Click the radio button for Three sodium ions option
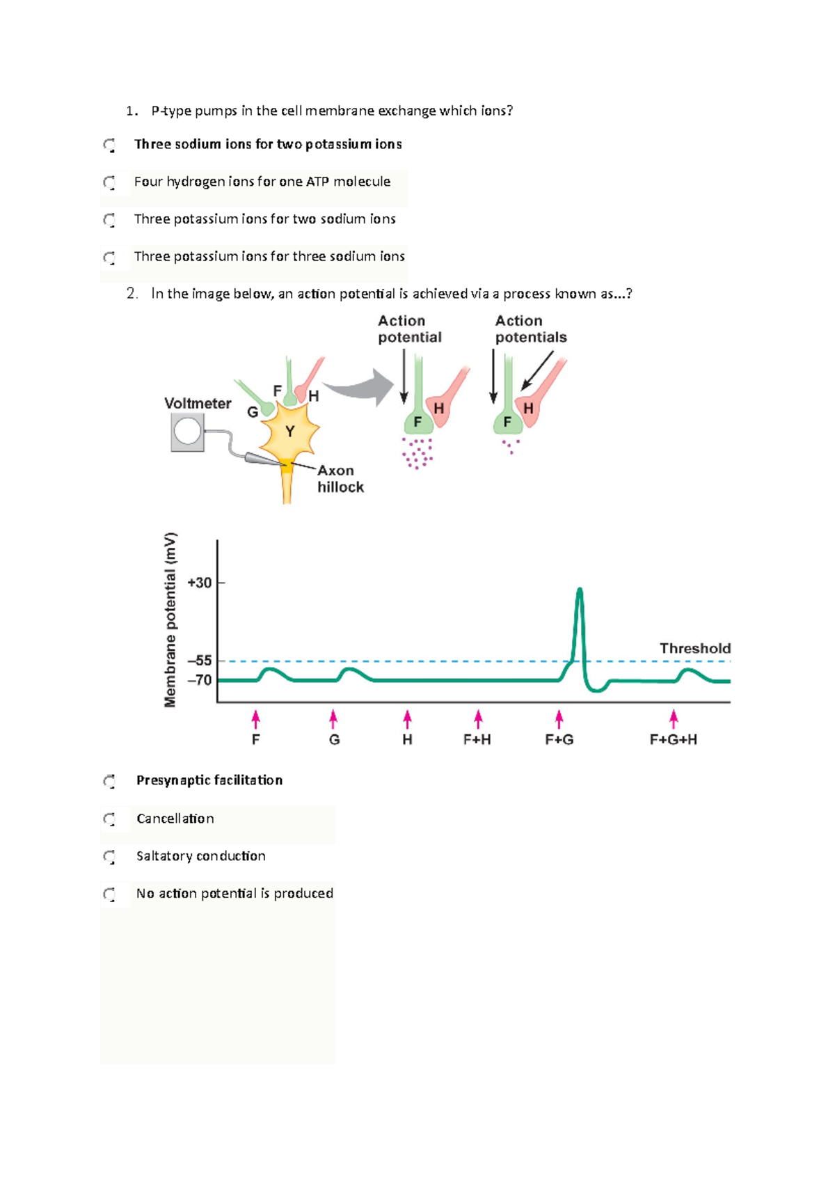(109, 145)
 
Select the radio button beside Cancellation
(109, 819)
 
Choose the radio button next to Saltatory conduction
(109, 857)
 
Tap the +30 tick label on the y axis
(200, 583)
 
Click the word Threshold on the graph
(694, 648)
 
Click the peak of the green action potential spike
(580, 590)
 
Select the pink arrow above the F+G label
(559, 719)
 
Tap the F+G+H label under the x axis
(673, 739)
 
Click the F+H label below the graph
(477, 739)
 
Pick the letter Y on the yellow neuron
(289, 432)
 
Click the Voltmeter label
(198, 403)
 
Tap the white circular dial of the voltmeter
(187, 431)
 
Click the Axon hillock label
(340, 479)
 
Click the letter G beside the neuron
(253, 412)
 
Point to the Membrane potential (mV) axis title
(170, 620)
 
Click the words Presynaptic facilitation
(209, 780)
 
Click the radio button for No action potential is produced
(109, 894)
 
